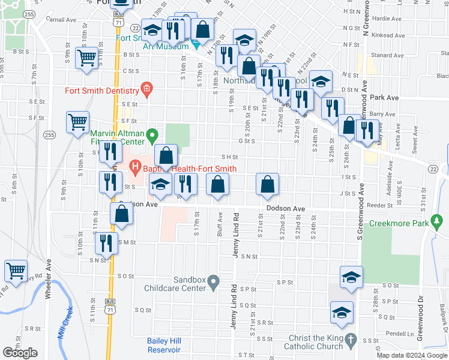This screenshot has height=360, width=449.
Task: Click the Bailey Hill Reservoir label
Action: [168, 344]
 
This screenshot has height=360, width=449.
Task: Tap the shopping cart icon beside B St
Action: [86, 58]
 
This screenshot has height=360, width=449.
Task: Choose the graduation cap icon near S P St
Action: [352, 277]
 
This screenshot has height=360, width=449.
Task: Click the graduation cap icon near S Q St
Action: [342, 312]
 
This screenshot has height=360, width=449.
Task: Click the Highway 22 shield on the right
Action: [432, 169]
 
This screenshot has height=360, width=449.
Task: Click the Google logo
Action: [20, 353]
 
